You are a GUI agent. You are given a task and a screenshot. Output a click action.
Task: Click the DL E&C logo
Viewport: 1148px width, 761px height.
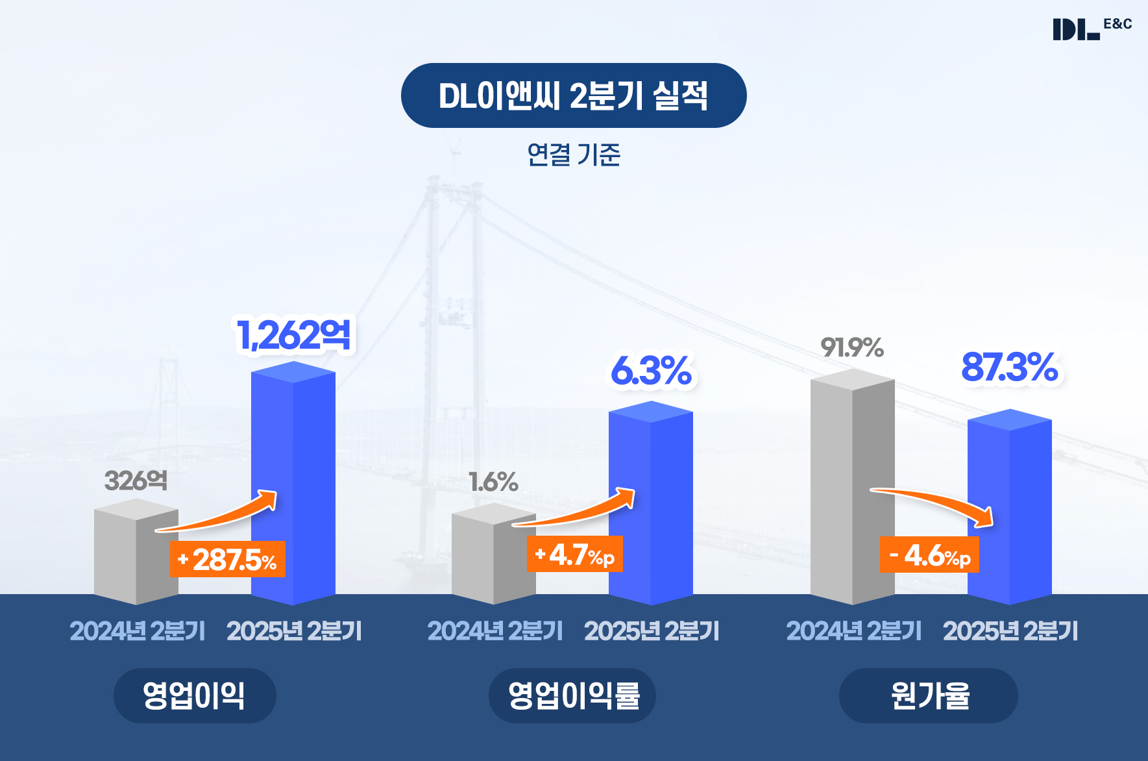[1092, 29]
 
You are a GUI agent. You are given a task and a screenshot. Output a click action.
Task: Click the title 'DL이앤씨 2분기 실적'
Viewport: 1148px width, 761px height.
[574, 95]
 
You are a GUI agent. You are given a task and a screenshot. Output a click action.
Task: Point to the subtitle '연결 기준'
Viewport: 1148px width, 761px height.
[574, 155]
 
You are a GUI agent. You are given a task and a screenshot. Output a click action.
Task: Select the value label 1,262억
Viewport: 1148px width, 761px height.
[294, 335]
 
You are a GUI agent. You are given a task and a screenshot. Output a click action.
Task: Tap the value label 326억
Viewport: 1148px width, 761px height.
[136, 481]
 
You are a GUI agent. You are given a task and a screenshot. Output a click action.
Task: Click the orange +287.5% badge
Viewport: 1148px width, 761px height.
[227, 559]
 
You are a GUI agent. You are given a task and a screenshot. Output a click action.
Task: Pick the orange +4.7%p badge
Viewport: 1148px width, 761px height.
[574, 555]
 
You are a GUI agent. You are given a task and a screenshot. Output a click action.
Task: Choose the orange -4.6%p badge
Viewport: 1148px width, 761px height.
[929, 555]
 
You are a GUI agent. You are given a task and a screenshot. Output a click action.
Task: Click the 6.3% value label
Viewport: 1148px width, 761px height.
[651, 371]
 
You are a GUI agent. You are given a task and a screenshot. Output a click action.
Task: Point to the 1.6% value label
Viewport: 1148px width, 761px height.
[493, 482]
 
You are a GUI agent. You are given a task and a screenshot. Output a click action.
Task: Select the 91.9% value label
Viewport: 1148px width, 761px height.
[851, 348]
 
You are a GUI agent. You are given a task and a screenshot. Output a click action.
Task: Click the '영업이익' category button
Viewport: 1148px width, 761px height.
[195, 695]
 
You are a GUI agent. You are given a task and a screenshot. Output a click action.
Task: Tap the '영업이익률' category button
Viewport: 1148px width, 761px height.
[572, 695]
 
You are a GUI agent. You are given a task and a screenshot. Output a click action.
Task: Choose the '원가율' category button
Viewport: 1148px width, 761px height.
[929, 695]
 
